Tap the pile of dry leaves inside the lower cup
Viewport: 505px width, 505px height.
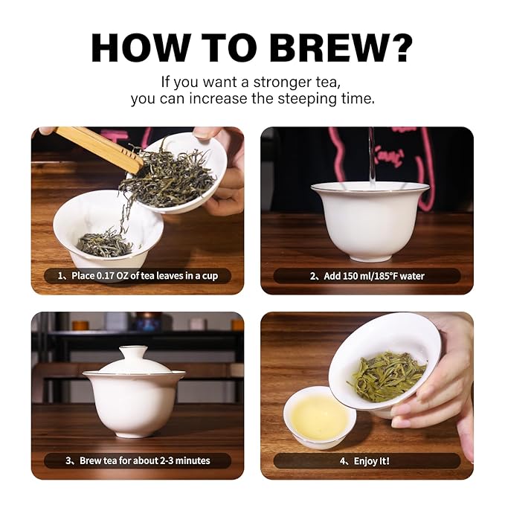(105, 245)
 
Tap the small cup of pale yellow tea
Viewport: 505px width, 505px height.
(319, 418)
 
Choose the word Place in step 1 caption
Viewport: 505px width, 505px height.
(83, 276)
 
